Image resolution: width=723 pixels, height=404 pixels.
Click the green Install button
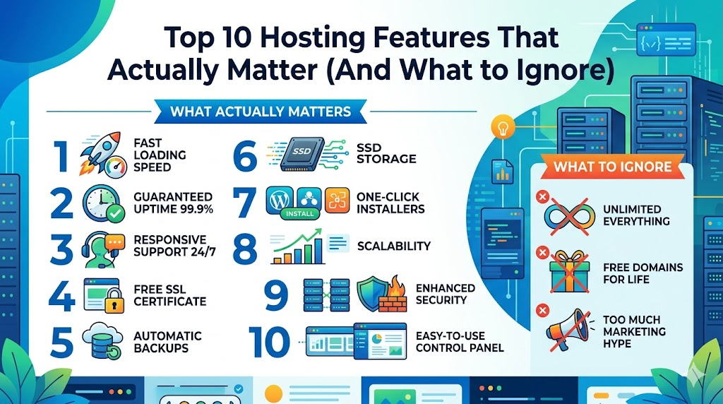click(x=299, y=211)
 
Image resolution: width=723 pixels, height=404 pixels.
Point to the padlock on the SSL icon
click(x=112, y=305)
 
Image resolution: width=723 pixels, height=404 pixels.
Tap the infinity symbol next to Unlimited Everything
click(x=569, y=215)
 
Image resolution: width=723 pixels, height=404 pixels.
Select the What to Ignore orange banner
click(x=612, y=167)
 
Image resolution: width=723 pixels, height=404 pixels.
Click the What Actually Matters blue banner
click(x=261, y=112)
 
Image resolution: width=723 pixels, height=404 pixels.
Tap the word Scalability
click(x=393, y=246)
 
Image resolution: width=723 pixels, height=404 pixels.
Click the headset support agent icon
click(x=102, y=249)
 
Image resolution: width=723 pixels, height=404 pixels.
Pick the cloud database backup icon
click(x=103, y=340)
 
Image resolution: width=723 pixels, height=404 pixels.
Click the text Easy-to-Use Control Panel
click(x=460, y=341)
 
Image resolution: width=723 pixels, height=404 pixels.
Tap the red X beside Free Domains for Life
click(x=543, y=252)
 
